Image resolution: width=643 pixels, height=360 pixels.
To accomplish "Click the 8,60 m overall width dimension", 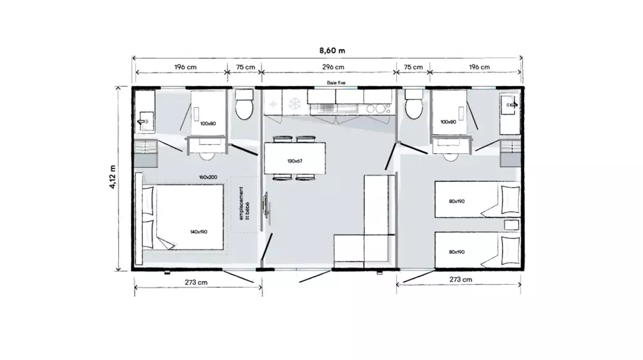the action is [x=332, y=51].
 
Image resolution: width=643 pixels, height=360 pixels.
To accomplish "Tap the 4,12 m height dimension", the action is [x=113, y=177].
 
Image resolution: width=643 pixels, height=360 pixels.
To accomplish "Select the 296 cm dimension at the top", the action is [x=333, y=67].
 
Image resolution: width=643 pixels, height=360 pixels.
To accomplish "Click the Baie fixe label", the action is [x=336, y=83].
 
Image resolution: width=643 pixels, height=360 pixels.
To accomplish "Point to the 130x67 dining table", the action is [x=295, y=158].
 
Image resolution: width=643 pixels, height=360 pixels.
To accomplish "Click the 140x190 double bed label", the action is [x=199, y=231].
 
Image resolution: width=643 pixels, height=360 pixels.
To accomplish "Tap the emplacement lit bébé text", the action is [x=244, y=203].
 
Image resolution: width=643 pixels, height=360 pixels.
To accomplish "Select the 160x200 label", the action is [x=208, y=177].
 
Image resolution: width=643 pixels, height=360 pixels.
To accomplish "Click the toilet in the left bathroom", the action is [x=244, y=105].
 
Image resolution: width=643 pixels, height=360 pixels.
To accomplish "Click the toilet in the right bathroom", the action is [x=413, y=105].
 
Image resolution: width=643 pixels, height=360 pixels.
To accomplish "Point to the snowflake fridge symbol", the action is [x=294, y=104].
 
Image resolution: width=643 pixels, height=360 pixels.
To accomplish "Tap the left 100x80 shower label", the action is [x=208, y=123].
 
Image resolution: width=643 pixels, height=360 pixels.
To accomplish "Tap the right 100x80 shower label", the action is [x=448, y=122].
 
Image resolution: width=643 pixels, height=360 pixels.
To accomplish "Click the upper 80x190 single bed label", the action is [x=457, y=201].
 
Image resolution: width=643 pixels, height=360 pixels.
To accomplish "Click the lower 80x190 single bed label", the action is [x=457, y=252].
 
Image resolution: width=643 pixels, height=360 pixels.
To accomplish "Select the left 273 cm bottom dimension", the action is [x=196, y=282].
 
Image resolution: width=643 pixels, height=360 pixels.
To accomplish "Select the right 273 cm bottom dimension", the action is [x=460, y=280].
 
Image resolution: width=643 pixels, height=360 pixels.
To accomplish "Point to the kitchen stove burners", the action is [x=378, y=109].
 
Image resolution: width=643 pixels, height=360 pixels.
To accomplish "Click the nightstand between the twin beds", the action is [x=511, y=225].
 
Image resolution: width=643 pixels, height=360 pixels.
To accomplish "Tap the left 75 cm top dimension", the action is [x=245, y=67].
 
